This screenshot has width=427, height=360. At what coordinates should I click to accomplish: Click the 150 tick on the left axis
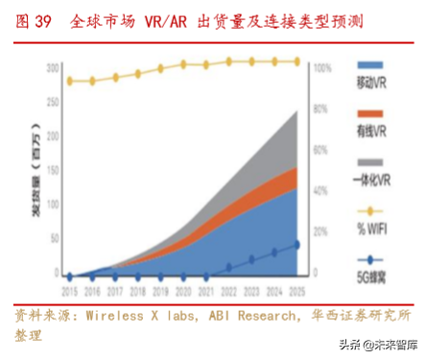pyautogui.click(x=54, y=171)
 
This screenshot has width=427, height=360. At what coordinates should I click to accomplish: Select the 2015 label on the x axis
pyautogui.click(x=69, y=288)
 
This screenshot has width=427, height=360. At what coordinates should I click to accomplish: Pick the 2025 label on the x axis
pyautogui.click(x=296, y=288)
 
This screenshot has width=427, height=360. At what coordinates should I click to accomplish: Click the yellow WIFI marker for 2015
pyautogui.click(x=69, y=82)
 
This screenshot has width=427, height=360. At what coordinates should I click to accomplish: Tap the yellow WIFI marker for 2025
pyautogui.click(x=296, y=61)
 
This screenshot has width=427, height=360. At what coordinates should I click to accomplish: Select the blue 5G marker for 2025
pyautogui.click(x=296, y=245)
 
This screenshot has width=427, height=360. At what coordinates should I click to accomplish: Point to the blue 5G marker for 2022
pyautogui.click(x=228, y=267)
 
